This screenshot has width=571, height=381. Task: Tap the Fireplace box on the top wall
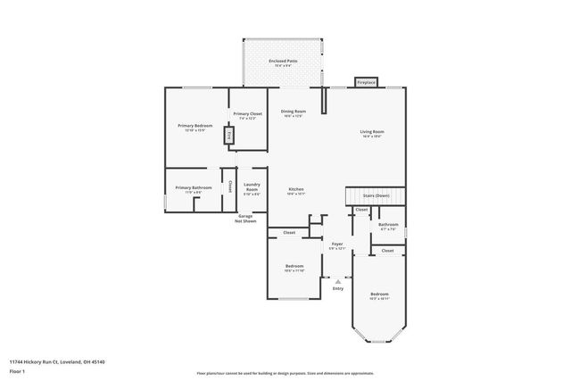[366, 82]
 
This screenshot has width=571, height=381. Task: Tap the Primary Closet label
[247, 115]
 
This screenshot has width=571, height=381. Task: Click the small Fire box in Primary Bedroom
[228, 136]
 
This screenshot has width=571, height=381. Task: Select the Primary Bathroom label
[194, 189]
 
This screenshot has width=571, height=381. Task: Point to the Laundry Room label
[252, 188]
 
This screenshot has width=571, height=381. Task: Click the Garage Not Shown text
[246, 219]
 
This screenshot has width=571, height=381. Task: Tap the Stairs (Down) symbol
[376, 195]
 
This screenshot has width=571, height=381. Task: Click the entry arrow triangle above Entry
[338, 280]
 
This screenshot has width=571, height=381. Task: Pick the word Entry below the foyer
[338, 288]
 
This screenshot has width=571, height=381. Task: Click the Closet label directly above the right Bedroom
[387, 251]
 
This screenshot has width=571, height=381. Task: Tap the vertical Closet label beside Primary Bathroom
[229, 187]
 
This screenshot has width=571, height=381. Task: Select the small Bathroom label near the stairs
[387, 226]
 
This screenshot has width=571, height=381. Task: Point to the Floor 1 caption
[17, 370]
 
